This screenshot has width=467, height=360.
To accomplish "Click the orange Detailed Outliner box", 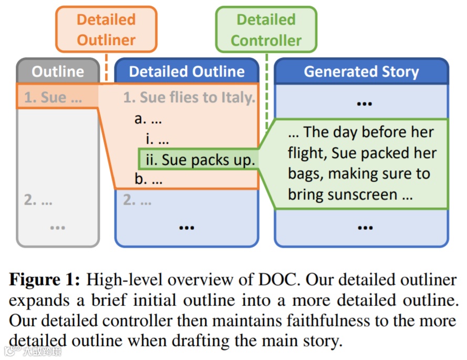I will click(106, 29).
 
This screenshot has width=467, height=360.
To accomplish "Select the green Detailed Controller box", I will click(266, 29).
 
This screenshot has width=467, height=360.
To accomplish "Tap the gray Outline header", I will click(58, 72).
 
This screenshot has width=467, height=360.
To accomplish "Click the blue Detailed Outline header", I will click(187, 72).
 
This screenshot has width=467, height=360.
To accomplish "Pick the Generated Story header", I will click(361, 72).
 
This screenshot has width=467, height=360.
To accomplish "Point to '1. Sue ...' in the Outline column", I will click(53, 97).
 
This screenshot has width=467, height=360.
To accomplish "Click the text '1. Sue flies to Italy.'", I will click(189, 97).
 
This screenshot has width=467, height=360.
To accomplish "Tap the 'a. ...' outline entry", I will click(148, 119).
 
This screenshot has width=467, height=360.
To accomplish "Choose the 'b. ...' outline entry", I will click(149, 179).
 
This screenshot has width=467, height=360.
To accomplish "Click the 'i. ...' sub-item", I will click(157, 140).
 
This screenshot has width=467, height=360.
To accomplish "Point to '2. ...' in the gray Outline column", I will click(38, 200).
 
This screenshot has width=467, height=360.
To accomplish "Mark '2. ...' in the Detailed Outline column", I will click(137, 200).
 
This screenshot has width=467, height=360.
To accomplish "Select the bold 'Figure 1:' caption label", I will click(44, 279).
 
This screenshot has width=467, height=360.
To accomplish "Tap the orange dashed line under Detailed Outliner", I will click(106, 68).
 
